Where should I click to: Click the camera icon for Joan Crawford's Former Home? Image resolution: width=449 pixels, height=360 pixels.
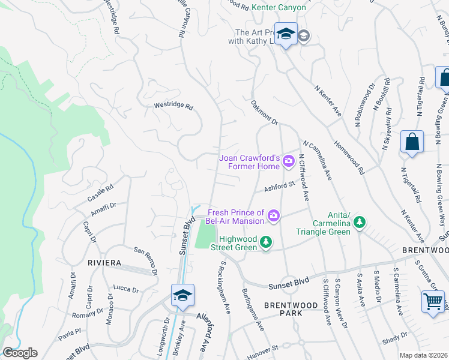point(289,160)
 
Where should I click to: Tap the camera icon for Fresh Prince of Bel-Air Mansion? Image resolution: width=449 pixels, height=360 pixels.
point(274,215)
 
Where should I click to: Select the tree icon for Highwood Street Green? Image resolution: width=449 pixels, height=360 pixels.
point(265,243)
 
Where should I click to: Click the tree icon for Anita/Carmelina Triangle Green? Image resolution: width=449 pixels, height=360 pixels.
point(359,223)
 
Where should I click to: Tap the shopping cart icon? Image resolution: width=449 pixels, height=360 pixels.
point(433,301)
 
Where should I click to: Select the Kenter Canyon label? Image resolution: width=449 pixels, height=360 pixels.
point(279,7)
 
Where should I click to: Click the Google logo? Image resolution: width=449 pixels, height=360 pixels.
point(20,353)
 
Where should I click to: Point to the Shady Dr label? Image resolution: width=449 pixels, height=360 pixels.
point(395,338)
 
